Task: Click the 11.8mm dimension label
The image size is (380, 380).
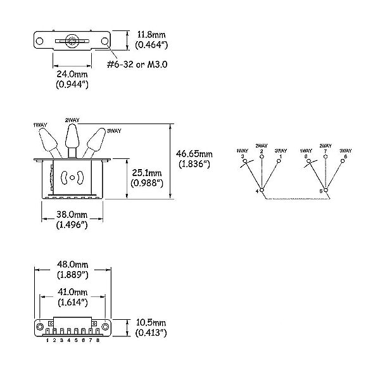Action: click(x=151, y=35)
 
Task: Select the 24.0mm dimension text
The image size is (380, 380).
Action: click(x=72, y=74)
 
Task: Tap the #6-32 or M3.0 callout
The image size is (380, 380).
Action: click(x=137, y=64)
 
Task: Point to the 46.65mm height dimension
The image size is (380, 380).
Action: click(x=194, y=154)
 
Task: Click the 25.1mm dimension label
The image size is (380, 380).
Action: click(x=147, y=173)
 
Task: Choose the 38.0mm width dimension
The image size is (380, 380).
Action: click(x=72, y=215)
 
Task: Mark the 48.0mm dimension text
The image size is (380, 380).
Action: click(x=72, y=264)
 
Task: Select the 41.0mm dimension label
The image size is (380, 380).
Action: click(x=72, y=292)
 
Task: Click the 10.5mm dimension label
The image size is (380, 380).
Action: click(x=151, y=323)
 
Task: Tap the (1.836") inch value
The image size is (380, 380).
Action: click(x=194, y=164)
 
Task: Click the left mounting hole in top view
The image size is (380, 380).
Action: click(x=39, y=41)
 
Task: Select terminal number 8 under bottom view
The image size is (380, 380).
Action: click(x=98, y=340)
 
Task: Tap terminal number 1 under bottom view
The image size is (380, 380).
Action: click(x=47, y=340)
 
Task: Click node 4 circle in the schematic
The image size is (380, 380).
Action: click(x=262, y=190)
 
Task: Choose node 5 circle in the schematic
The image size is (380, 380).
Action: click(x=326, y=190)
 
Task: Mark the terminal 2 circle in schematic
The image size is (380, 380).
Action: click(x=262, y=156)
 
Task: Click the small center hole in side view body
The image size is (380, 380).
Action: click(x=72, y=177)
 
